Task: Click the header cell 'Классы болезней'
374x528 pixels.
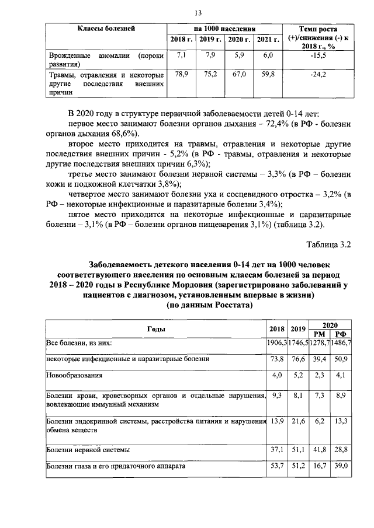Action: [107, 28]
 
